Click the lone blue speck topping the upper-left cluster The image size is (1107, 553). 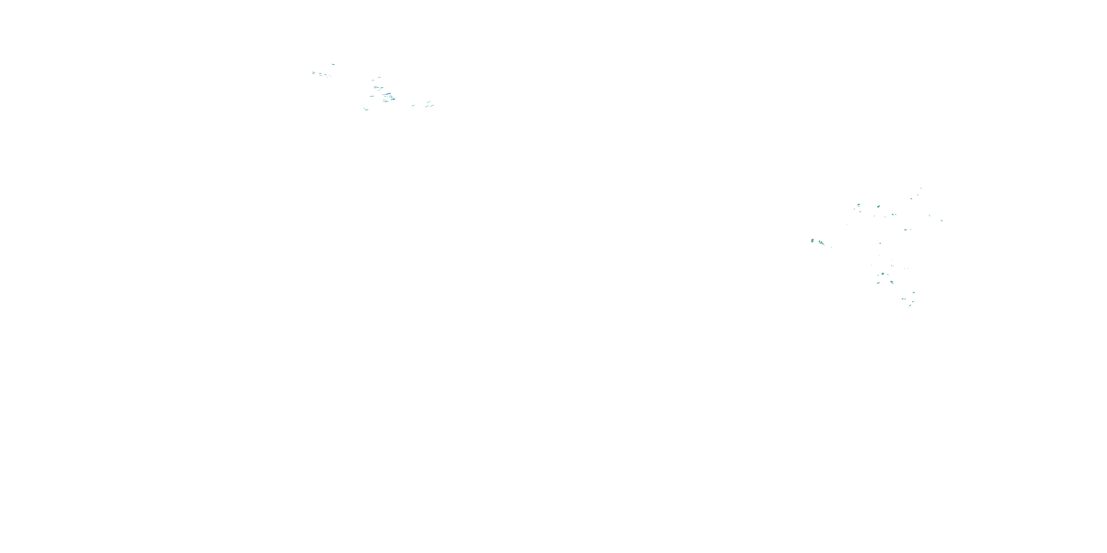pyautogui.click(x=333, y=65)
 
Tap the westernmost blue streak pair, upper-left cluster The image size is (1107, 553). pyautogui.click(x=313, y=73)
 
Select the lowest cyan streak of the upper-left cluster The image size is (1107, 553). pyautogui.click(x=366, y=109)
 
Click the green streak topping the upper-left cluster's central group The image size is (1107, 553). pyautogui.click(x=379, y=77)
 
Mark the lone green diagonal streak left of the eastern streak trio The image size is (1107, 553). pyautogui.click(x=413, y=105)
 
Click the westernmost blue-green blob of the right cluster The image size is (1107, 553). pyautogui.click(x=812, y=240)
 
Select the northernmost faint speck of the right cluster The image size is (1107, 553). pyautogui.click(x=921, y=188)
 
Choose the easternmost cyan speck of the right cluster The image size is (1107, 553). pyautogui.click(x=942, y=221)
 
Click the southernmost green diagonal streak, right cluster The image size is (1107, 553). pyautogui.click(x=910, y=305)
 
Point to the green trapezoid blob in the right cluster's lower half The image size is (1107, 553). pyautogui.click(x=883, y=274)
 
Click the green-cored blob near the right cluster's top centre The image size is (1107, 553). pyautogui.click(x=878, y=206)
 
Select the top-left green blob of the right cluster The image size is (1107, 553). pyautogui.click(x=859, y=205)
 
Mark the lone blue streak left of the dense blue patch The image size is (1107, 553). pyautogui.click(x=372, y=96)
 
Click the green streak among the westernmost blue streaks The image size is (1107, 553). pyautogui.click(x=321, y=74)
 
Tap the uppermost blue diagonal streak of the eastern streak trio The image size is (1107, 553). pyautogui.click(x=429, y=102)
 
